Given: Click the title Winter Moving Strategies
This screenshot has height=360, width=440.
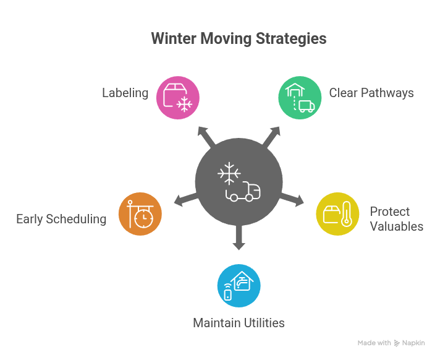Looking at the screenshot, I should pyautogui.click(x=239, y=38).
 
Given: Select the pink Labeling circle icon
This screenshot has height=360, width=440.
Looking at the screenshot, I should pyautogui.click(x=177, y=98).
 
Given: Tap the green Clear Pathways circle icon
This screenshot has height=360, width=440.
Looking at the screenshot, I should pyautogui.click(x=300, y=98).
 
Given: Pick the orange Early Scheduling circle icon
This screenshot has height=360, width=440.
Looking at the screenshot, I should pyautogui.click(x=140, y=213).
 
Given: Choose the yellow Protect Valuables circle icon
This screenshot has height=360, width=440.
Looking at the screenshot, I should pyautogui.click(x=337, y=213).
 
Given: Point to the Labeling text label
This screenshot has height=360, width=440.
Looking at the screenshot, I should pyautogui.click(x=125, y=93).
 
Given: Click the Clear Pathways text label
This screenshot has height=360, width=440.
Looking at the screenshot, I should pyautogui.click(x=371, y=93).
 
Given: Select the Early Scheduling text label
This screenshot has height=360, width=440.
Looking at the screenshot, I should pyautogui.click(x=61, y=219).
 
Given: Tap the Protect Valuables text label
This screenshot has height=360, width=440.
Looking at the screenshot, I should pyautogui.click(x=396, y=219).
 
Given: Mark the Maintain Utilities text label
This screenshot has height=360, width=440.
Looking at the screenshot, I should pyautogui.click(x=239, y=323).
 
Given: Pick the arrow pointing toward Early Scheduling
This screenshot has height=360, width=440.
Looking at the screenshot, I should pyautogui.click(x=184, y=199).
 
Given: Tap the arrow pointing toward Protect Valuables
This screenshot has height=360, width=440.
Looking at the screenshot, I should pyautogui.click(x=294, y=199).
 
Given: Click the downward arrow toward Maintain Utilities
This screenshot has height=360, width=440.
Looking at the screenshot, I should pyautogui.click(x=239, y=238).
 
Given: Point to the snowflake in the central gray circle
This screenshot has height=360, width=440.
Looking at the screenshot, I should pyautogui.click(x=229, y=173).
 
